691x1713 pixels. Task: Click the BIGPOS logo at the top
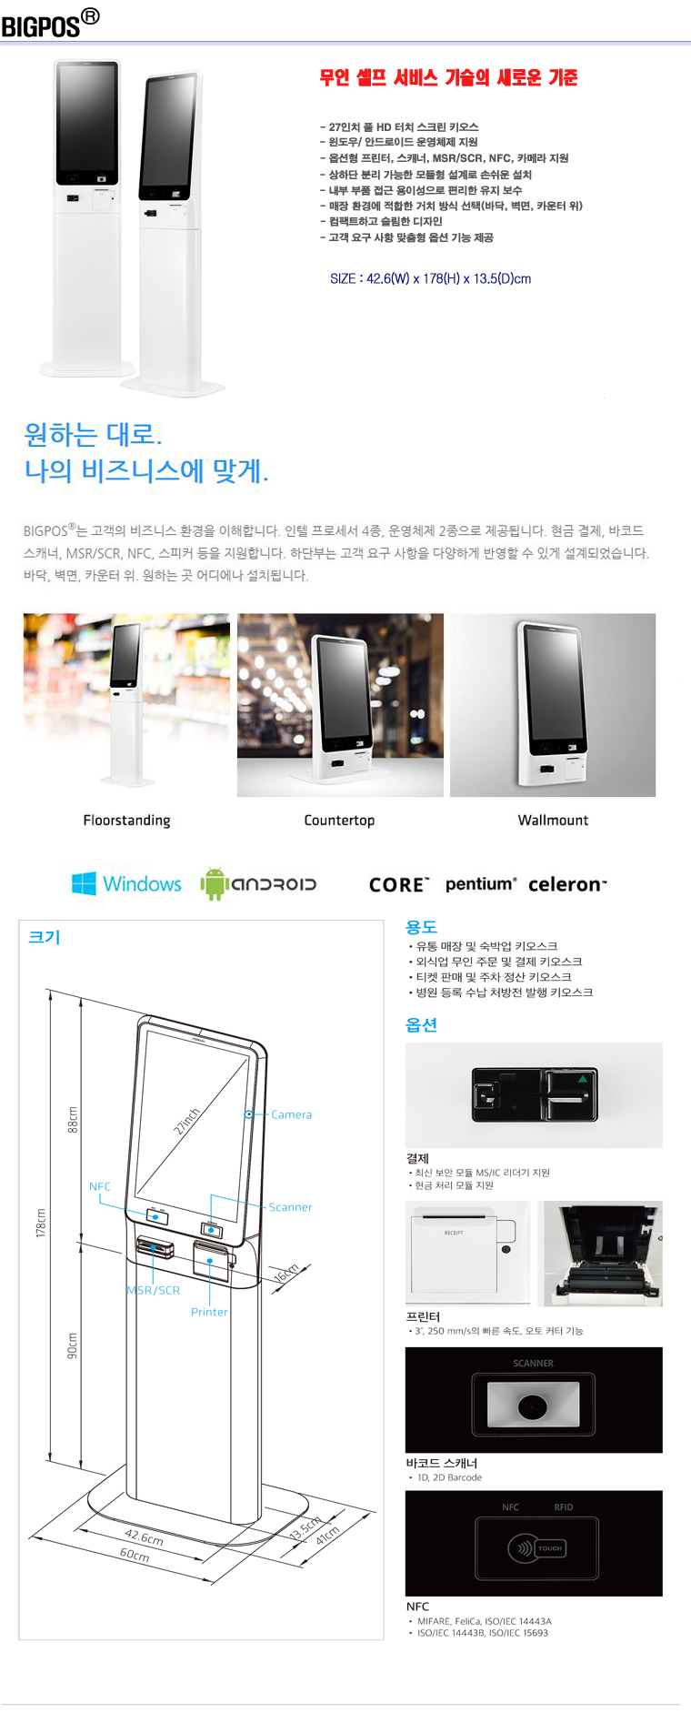tap(50, 24)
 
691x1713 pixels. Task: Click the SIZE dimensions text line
tap(430, 278)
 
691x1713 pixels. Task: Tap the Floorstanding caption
tap(126, 820)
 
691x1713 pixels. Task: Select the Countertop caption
tap(339, 820)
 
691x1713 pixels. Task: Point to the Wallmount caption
tap(553, 820)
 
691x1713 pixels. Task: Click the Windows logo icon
tap(84, 883)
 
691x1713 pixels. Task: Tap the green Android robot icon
tap(213, 883)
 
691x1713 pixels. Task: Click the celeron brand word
tap(567, 884)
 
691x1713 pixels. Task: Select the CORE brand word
tap(399, 884)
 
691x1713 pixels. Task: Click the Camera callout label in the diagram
tap(291, 1114)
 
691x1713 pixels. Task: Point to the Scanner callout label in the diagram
tap(290, 1207)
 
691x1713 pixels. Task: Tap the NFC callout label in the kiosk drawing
tap(100, 1186)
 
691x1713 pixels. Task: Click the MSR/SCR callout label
tap(154, 1290)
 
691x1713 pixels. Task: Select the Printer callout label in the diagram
tap(209, 1312)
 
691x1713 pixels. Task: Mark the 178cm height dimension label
tap(41, 1223)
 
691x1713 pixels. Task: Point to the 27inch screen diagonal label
tap(187, 1120)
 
